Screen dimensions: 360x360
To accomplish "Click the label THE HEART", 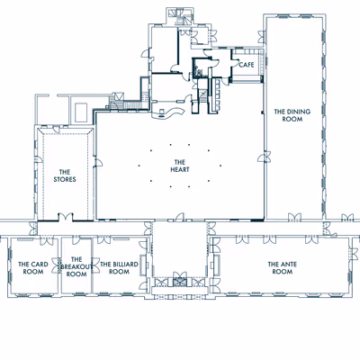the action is (180, 166).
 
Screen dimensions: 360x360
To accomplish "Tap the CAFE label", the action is (247, 65).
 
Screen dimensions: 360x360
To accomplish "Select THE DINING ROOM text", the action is (292, 115).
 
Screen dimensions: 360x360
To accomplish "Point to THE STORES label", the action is (65, 175).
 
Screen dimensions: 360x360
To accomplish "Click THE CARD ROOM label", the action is (33, 268).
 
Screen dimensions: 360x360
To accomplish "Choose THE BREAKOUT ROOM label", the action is (76, 266).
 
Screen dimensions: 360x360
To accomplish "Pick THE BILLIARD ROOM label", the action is (119, 268).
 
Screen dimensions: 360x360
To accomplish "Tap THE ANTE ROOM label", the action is (283, 268).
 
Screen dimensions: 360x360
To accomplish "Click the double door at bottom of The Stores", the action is (66, 218).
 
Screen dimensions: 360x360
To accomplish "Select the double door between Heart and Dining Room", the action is (265, 157).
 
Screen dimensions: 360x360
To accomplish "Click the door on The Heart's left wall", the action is (98, 162).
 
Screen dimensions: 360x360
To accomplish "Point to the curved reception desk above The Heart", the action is (167, 113).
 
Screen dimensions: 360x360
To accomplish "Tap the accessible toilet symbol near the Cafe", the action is (198, 70).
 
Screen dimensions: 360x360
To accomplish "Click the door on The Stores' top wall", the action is (56, 130).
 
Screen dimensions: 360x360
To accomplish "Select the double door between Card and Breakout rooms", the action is (57, 265).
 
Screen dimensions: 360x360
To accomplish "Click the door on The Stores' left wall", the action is (39, 159).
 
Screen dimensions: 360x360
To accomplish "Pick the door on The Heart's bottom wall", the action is (179, 217).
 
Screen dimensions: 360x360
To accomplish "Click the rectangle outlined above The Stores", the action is (81, 112).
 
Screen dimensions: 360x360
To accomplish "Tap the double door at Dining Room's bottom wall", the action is (294, 218).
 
